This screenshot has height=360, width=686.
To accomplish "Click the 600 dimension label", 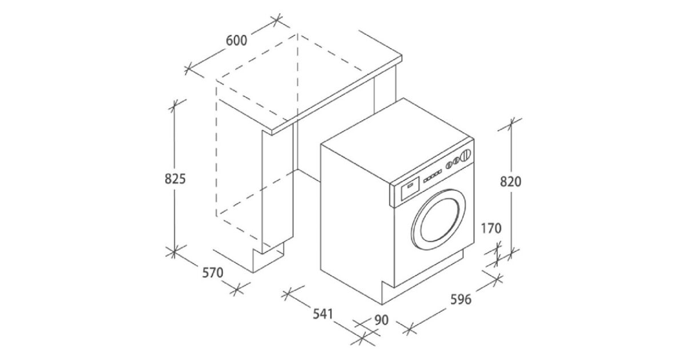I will tap(236, 41).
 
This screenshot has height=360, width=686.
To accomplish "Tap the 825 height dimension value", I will tap(175, 178).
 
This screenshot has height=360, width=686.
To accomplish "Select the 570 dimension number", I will tap(212, 273).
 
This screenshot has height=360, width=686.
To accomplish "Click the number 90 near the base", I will tap(381, 319).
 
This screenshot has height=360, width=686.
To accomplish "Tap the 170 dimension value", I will tap(491, 229).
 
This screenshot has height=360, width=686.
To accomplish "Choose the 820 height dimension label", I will tap(510, 182).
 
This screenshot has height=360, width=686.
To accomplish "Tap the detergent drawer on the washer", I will tap(410, 186).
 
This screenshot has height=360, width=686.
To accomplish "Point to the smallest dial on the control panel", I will tap(449, 164).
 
